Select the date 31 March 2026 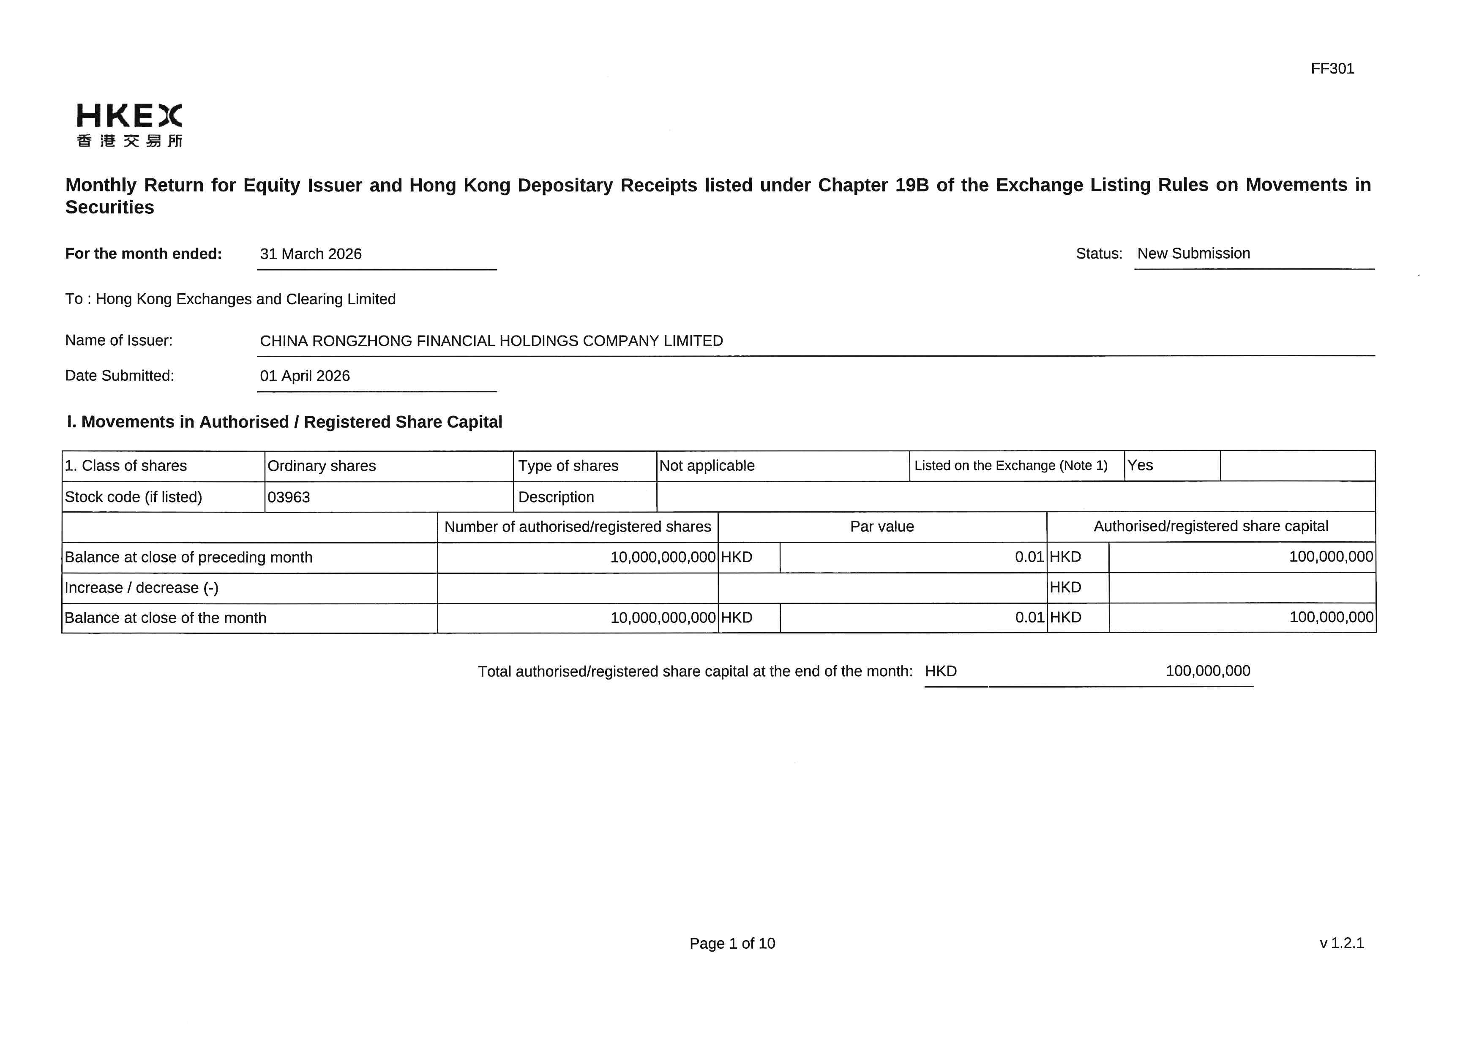(x=311, y=254)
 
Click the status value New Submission (x=1193, y=254)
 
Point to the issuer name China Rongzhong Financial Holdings (x=491, y=341)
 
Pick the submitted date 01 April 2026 (x=305, y=376)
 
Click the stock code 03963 (x=289, y=497)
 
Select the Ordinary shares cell (x=322, y=466)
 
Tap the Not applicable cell (x=707, y=466)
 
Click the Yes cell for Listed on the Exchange (x=1140, y=465)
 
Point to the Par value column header (x=882, y=527)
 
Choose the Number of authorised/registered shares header (x=577, y=527)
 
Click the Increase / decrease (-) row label (x=142, y=588)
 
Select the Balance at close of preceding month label (x=188, y=557)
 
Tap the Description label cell (x=556, y=497)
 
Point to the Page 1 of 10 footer (x=732, y=944)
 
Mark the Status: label (x=1099, y=254)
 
